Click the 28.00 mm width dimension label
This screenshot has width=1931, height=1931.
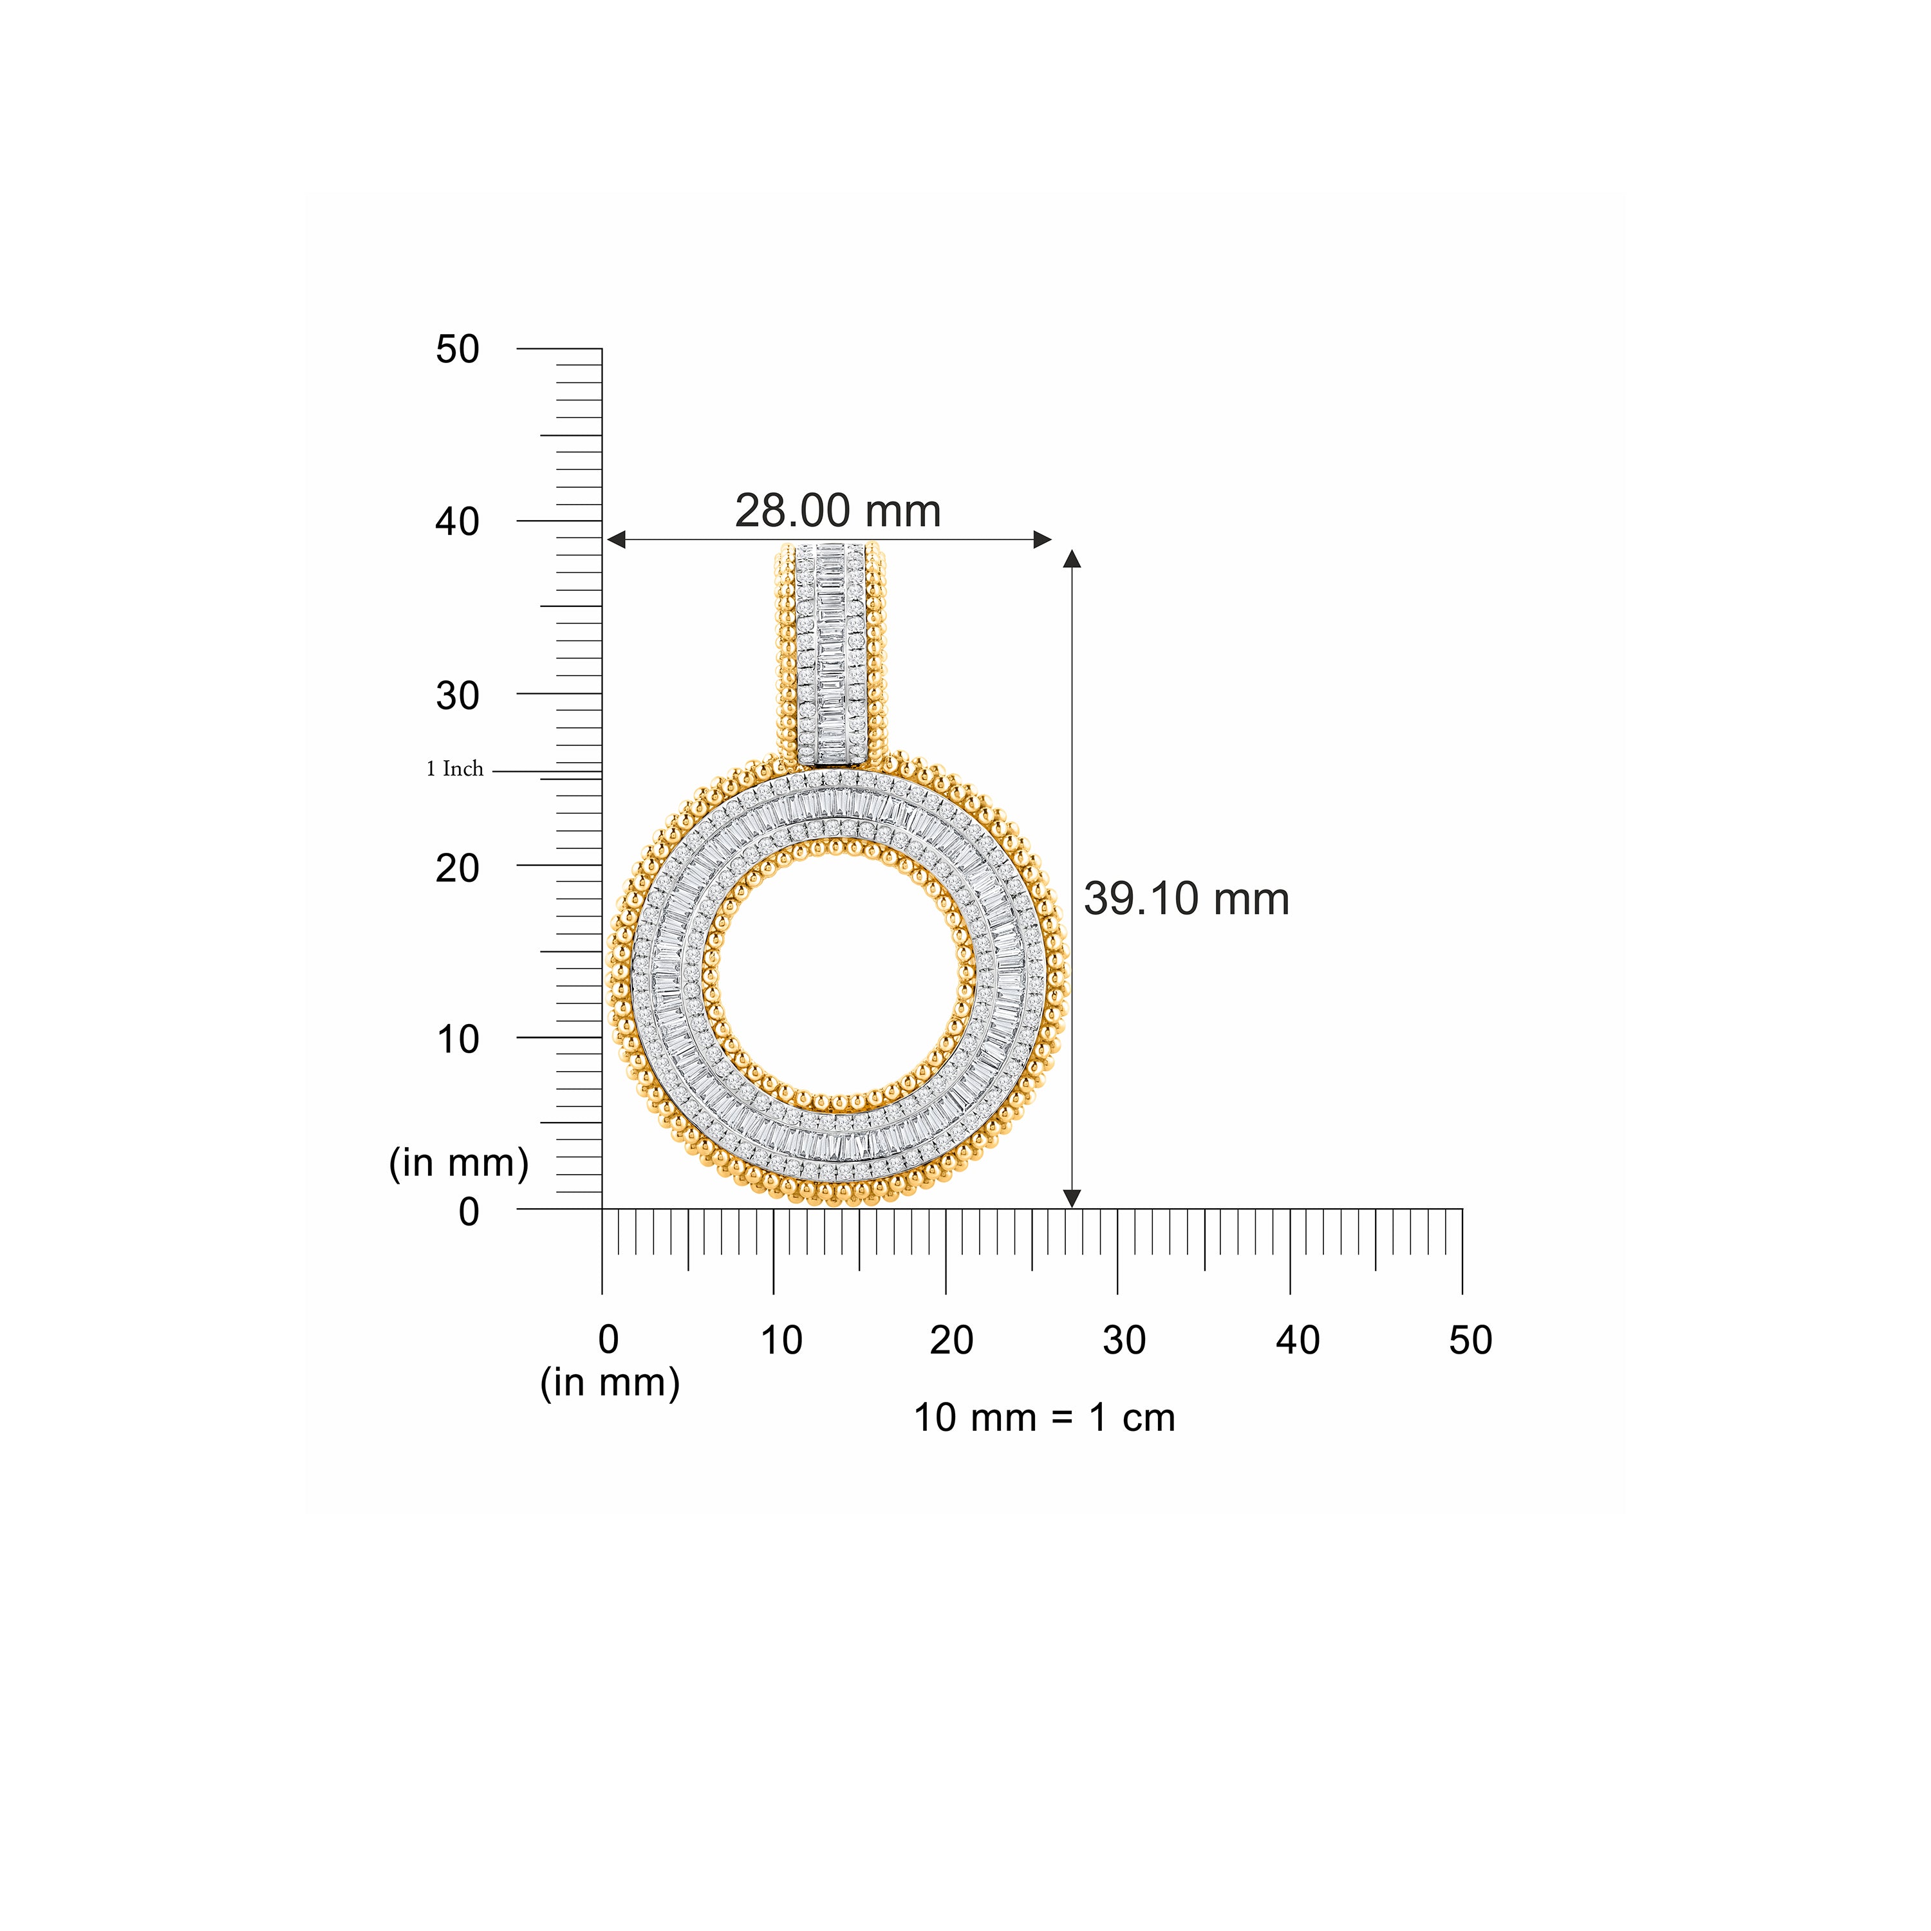pyautogui.click(x=837, y=512)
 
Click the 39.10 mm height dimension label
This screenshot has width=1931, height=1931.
pyautogui.click(x=1186, y=900)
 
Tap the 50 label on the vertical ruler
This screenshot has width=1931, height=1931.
pyautogui.click(x=458, y=350)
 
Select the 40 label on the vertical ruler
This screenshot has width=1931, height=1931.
pyautogui.click(x=458, y=522)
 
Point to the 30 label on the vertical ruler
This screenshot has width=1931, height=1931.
pyautogui.click(x=458, y=696)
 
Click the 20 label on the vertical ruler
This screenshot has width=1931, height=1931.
pyautogui.click(x=458, y=868)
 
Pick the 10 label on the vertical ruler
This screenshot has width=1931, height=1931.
pyautogui.click(x=458, y=1040)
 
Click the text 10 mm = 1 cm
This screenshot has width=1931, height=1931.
pyautogui.click(x=1045, y=1418)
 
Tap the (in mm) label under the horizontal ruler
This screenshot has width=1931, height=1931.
pyautogui.click(x=610, y=1383)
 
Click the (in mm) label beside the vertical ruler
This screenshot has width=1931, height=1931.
pyautogui.click(x=459, y=1162)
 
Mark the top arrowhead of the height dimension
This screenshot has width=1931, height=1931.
pyautogui.click(x=1072, y=557)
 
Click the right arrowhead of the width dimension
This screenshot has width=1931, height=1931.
pyautogui.click(x=1043, y=540)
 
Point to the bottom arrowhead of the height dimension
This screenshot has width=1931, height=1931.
pyautogui.click(x=1072, y=1199)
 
